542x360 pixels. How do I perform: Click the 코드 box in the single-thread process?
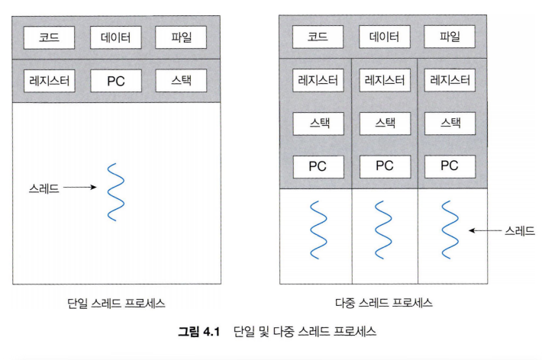[49, 37]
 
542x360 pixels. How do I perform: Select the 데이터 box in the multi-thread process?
[385, 37]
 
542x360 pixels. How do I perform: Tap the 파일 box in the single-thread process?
[181, 37]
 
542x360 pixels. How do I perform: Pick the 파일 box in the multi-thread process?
[450, 37]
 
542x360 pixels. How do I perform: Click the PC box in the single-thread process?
[116, 81]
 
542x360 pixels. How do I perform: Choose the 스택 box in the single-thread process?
[181, 81]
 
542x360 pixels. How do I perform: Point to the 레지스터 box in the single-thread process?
[49, 81]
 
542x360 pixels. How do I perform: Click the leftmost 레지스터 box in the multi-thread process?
[318, 81]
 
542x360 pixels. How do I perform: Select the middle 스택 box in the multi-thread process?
[385, 124]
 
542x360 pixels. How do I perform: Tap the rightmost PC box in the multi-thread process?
[450, 166]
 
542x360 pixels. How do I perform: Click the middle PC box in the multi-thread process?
[385, 166]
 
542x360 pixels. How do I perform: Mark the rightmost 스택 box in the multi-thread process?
[450, 124]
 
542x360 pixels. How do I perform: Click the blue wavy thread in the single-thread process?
[115, 192]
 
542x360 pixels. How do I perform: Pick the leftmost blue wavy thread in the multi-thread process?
[318, 230]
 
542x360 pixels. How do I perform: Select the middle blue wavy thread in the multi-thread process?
[383, 230]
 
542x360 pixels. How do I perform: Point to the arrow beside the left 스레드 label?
[80, 188]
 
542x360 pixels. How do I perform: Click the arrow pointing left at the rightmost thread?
[485, 230]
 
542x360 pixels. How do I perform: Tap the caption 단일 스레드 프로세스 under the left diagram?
[116, 304]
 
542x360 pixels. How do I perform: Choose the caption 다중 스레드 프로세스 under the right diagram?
[384, 303]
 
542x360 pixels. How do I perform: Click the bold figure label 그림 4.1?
[199, 332]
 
